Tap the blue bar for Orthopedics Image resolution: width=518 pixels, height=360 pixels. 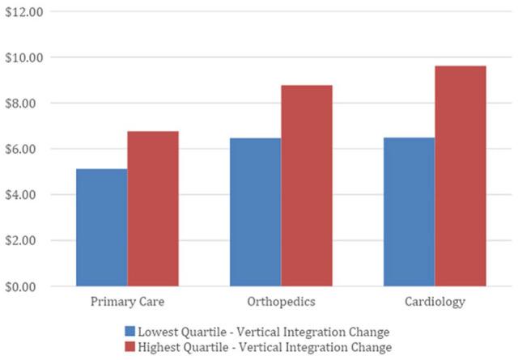coord(255,212)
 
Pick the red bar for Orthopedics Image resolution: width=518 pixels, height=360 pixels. coord(306,185)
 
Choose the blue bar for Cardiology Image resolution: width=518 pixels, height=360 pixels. coord(409,212)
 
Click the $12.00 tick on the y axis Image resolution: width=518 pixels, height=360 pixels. coord(24,12)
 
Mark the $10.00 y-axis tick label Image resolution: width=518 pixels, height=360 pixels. coord(24,57)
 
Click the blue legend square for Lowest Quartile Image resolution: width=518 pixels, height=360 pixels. coord(130,332)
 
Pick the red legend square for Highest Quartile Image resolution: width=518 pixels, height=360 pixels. coord(130,347)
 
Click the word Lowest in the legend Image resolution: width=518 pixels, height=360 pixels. coord(159,332)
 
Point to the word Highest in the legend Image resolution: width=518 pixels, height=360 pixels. coord(160,347)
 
